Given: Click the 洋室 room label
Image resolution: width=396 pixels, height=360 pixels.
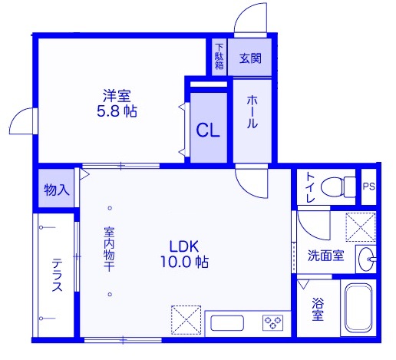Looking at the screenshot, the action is pyautogui.click(x=117, y=96).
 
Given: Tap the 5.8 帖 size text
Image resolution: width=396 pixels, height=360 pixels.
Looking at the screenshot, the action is pyautogui.click(x=117, y=111).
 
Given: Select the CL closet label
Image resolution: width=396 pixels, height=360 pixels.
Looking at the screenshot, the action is pyautogui.click(x=208, y=130).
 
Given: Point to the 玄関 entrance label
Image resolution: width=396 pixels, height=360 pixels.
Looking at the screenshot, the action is pyautogui.click(x=250, y=58).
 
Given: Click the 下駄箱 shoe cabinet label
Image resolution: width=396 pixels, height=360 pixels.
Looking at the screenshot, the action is pyautogui.click(x=219, y=57).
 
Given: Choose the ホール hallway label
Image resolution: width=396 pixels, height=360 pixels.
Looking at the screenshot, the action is pyautogui.click(x=252, y=111).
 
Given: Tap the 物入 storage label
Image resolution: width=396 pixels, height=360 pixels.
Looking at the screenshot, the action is pyautogui.click(x=57, y=190).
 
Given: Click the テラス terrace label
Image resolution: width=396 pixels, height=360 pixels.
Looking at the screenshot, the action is pyautogui.click(x=58, y=275).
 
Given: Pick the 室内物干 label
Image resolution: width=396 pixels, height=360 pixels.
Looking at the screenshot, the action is pyautogui.click(x=109, y=249).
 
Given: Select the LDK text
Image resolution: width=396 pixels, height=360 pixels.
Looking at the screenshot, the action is pyautogui.click(x=184, y=246).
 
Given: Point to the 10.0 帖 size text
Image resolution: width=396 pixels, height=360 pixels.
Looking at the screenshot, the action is pyautogui.click(x=184, y=262).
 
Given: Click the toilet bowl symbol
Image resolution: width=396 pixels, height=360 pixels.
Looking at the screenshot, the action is pyautogui.click(x=338, y=187).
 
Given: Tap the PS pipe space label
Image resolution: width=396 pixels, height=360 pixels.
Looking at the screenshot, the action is pyautogui.click(x=368, y=187).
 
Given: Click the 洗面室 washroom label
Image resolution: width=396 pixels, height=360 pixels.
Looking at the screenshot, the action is pyautogui.click(x=325, y=255).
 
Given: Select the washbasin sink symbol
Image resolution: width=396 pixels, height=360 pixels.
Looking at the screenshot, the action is pyautogui.click(x=367, y=259).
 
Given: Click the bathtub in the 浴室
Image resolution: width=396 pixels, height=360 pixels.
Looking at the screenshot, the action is pyautogui.click(x=358, y=308).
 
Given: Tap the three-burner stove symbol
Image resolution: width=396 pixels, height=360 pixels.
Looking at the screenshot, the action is pyautogui.click(x=272, y=322).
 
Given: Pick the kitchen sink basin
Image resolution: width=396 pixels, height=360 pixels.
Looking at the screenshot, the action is pyautogui.click(x=227, y=323).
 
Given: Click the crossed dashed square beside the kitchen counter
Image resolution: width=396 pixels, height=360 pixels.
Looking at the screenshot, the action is pyautogui.click(x=186, y=320).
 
